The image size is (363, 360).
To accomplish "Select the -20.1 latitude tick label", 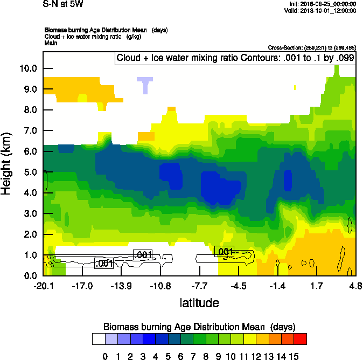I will pos(43,285).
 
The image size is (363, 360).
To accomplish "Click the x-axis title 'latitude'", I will pos(199,303).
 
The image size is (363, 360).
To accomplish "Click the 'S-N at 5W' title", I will pos(64,4).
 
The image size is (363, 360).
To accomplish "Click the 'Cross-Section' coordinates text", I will pos(311,48).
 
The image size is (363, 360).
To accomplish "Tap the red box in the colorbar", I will pos(300,338).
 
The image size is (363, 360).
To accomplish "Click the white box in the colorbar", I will pos(98,338).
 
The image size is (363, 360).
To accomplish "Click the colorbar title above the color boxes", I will pos(199,327).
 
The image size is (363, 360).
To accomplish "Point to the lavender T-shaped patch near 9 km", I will pos(145,84).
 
